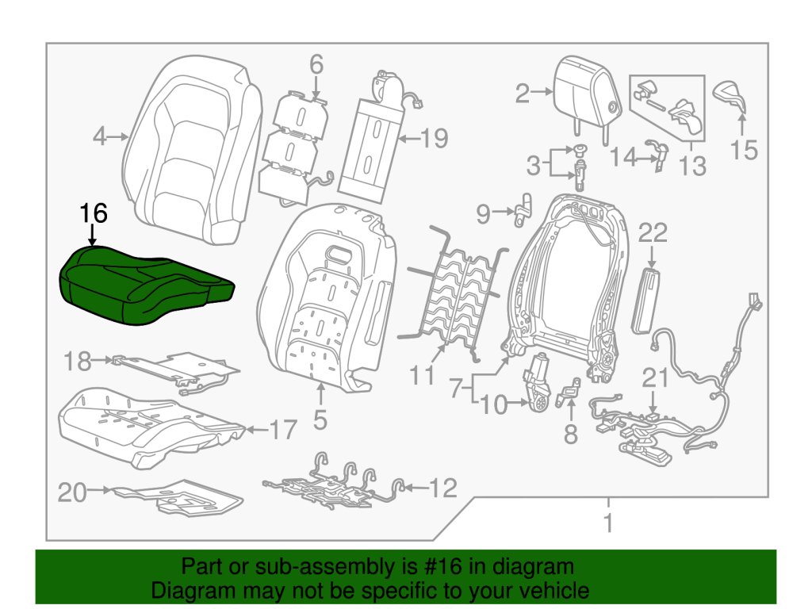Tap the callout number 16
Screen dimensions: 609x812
pyautogui.click(x=93, y=213)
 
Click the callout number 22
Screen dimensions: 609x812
pyautogui.click(x=653, y=232)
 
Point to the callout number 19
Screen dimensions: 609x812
pyautogui.click(x=434, y=140)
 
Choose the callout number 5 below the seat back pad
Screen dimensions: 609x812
pyautogui.click(x=320, y=419)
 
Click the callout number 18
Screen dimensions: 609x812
pyautogui.click(x=79, y=362)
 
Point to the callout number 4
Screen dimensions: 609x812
pyautogui.click(x=98, y=137)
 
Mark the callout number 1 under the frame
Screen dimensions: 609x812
pyautogui.click(x=609, y=523)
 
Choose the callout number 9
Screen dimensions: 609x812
pyautogui.click(x=484, y=213)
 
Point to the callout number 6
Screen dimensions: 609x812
pyautogui.click(x=316, y=64)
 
